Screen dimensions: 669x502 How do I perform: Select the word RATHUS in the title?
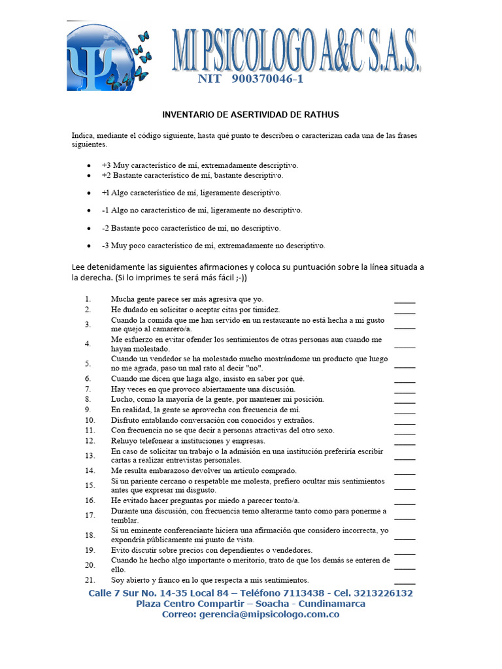tap(320, 114)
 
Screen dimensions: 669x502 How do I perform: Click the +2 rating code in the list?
tap(107, 176)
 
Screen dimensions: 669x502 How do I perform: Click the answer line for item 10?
tap(405, 421)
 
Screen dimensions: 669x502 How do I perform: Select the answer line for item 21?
tap(405, 581)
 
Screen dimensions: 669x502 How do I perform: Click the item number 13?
tap(90, 456)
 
